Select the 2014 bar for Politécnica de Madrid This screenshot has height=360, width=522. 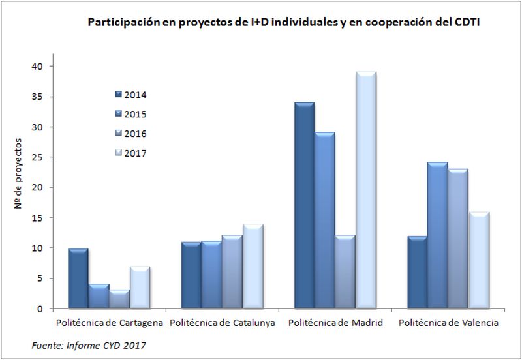point(303,205)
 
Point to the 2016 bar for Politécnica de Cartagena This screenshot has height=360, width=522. point(119,299)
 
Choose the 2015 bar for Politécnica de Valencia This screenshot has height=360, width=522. point(437,235)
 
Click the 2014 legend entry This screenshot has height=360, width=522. point(130,95)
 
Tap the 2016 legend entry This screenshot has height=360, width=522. point(130,134)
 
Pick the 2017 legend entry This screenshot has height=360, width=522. point(130,153)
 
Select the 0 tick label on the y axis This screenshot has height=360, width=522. point(40,308)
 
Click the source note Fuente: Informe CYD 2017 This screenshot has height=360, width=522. point(87,345)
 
